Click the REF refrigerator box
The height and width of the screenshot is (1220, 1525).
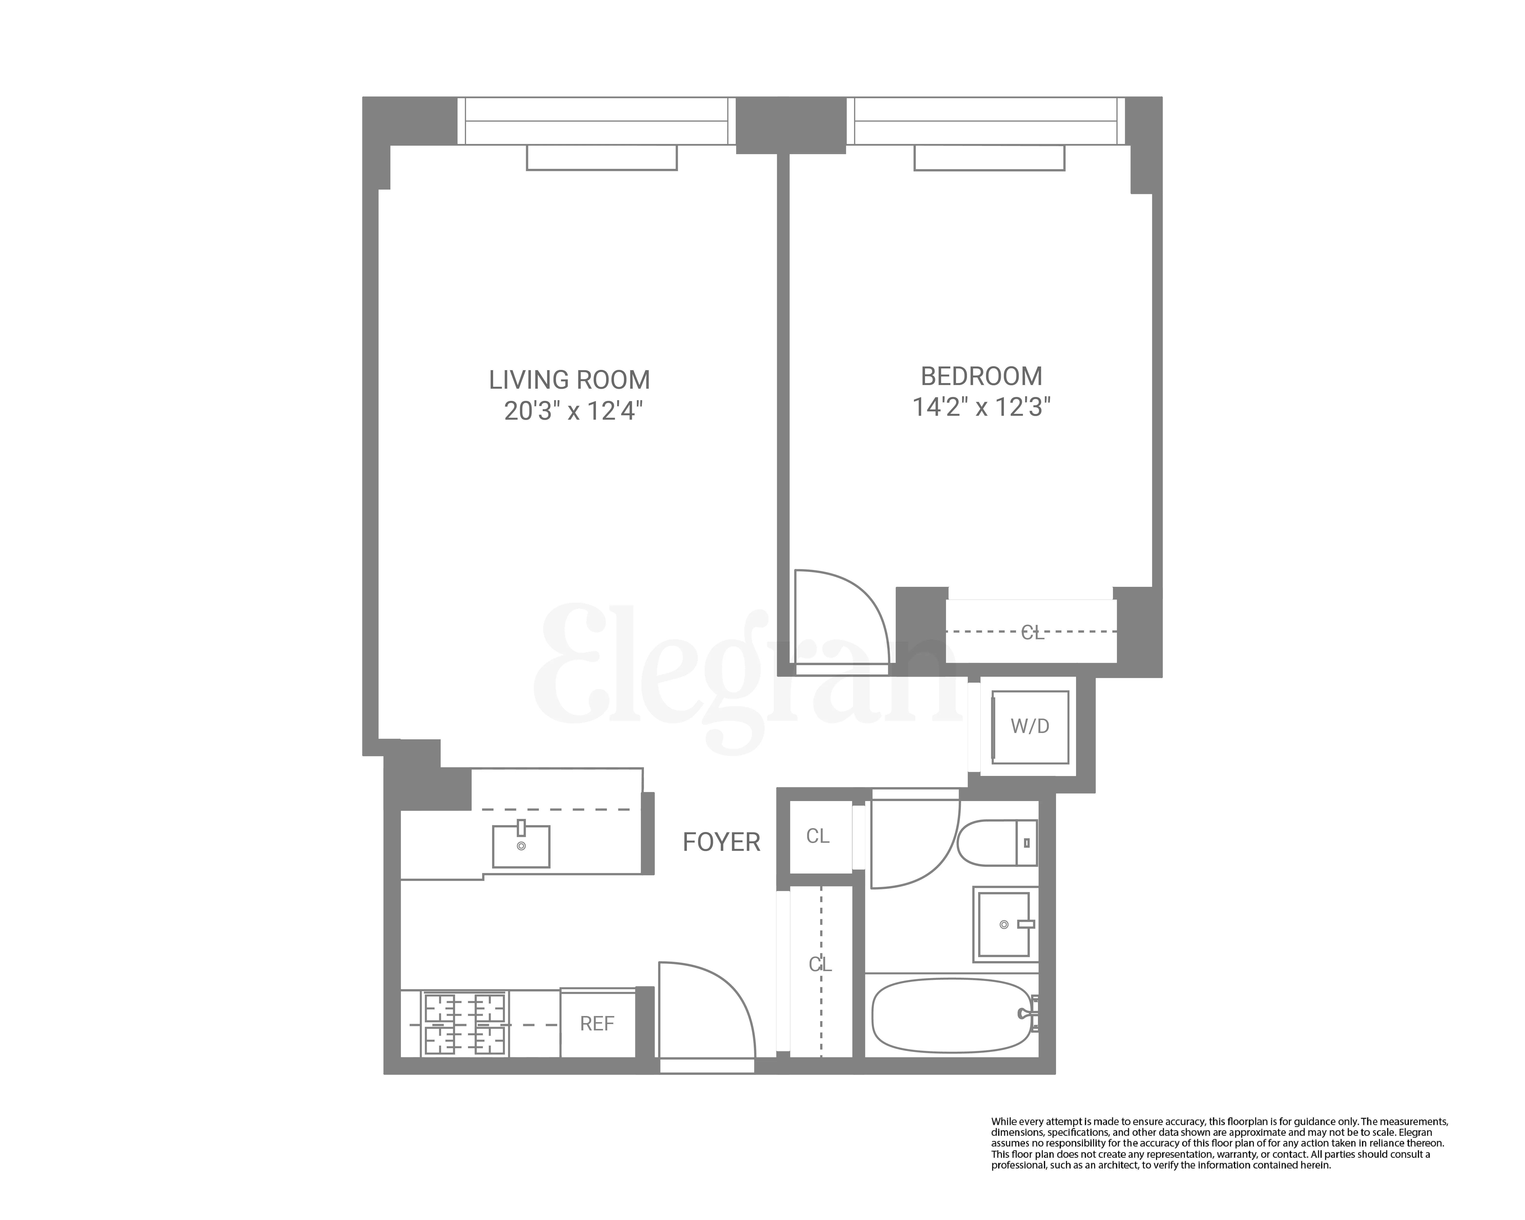pyautogui.click(x=597, y=1023)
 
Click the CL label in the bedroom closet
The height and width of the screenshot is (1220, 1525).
pyautogui.click(x=1032, y=633)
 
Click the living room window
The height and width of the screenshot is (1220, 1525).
pyautogui.click(x=596, y=120)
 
